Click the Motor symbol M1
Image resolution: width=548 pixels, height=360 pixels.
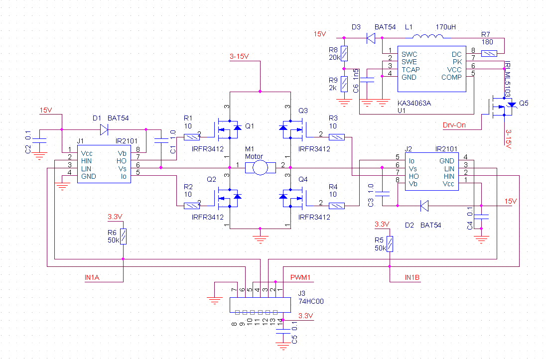point(260,168)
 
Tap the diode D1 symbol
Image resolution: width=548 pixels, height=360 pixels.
point(104,129)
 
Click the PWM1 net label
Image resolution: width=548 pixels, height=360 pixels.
point(301,277)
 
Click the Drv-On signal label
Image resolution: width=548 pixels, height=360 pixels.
point(454,125)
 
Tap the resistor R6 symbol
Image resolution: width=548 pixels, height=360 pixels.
point(123,237)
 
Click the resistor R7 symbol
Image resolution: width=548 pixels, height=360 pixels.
point(490,53)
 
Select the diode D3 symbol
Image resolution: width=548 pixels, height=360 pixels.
point(370,37)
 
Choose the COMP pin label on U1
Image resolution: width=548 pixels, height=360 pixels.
point(451,77)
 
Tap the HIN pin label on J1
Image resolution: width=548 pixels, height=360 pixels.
point(87,161)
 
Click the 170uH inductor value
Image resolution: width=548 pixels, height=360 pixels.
point(445,27)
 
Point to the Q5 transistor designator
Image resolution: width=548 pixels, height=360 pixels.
point(524,104)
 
